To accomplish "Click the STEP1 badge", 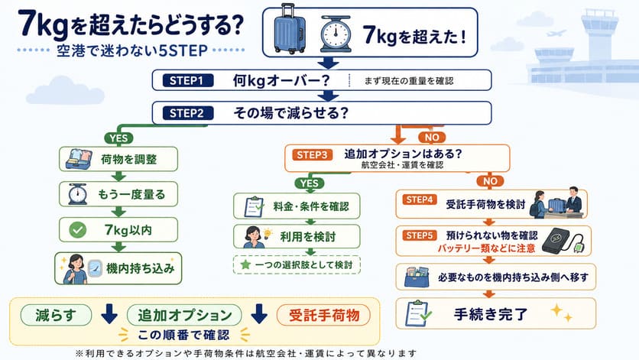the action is coord(187,80).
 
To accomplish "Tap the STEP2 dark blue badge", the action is coord(187,113).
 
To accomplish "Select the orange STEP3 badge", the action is coord(312,155).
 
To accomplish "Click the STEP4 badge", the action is coord(420,199).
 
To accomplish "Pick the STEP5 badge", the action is coord(420,235).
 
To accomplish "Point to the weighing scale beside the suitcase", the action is coord(336,34).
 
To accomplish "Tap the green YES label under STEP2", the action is coord(118,138).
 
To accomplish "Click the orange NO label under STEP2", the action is coord(432,138).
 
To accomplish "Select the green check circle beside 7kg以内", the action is coord(77,230).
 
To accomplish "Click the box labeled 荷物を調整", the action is coord(118,159).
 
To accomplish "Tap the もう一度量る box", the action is coord(118,194).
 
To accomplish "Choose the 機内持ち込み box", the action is coord(118,268).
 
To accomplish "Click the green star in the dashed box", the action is coord(245,264).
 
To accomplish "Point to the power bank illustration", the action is coord(563,241).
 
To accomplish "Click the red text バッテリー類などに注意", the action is coord(486,248).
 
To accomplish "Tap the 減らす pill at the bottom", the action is coord(57,315).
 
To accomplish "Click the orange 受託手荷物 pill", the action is coord(324,315).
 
